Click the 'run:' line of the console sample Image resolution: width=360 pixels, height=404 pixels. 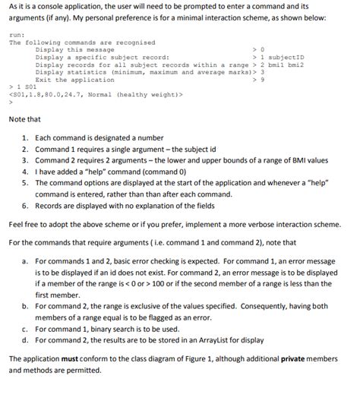(x=17, y=35)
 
